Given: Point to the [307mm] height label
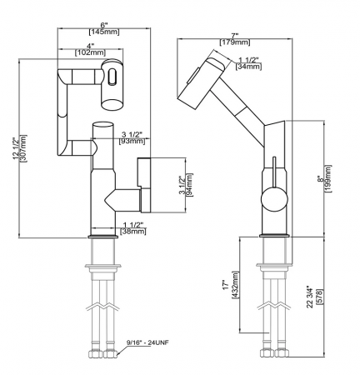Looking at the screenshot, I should (x=22, y=148).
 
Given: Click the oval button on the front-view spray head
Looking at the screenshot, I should (x=110, y=77).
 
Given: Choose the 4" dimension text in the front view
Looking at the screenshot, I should (x=89, y=46).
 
